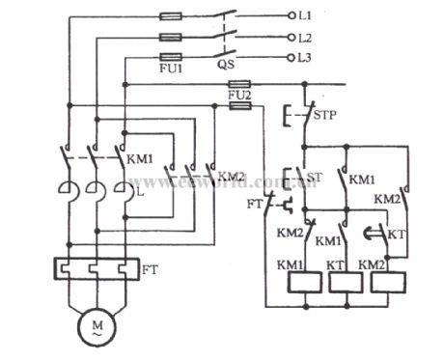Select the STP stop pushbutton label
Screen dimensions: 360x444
click(326, 116)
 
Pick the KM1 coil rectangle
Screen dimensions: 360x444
click(305, 281)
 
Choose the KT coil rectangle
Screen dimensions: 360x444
click(344, 281)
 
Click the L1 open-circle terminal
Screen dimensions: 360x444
click(293, 16)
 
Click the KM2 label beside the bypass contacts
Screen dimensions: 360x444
click(232, 177)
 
